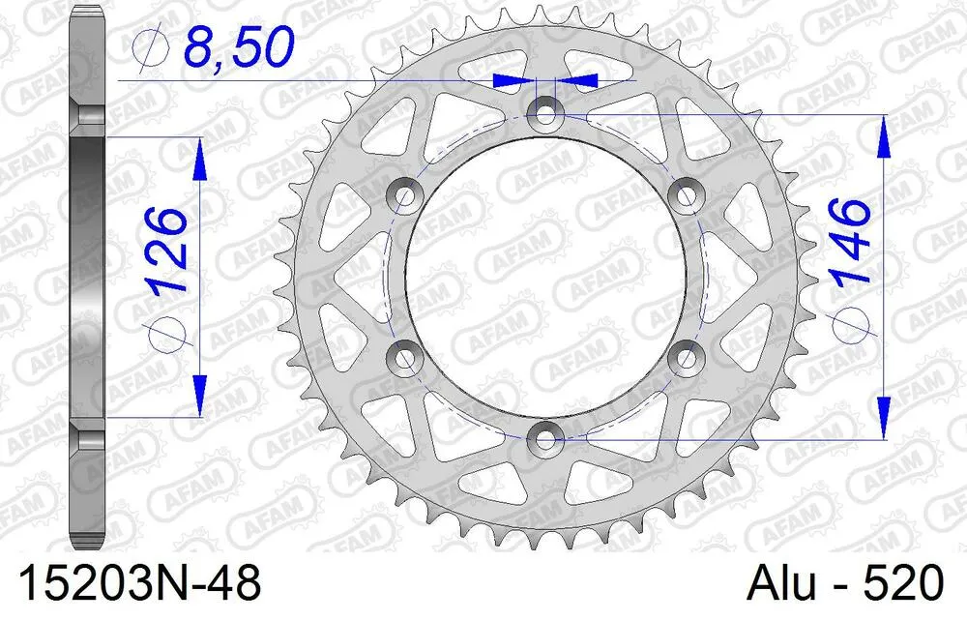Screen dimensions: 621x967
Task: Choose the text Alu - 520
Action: [845, 585]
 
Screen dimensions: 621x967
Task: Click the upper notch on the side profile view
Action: [87, 116]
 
